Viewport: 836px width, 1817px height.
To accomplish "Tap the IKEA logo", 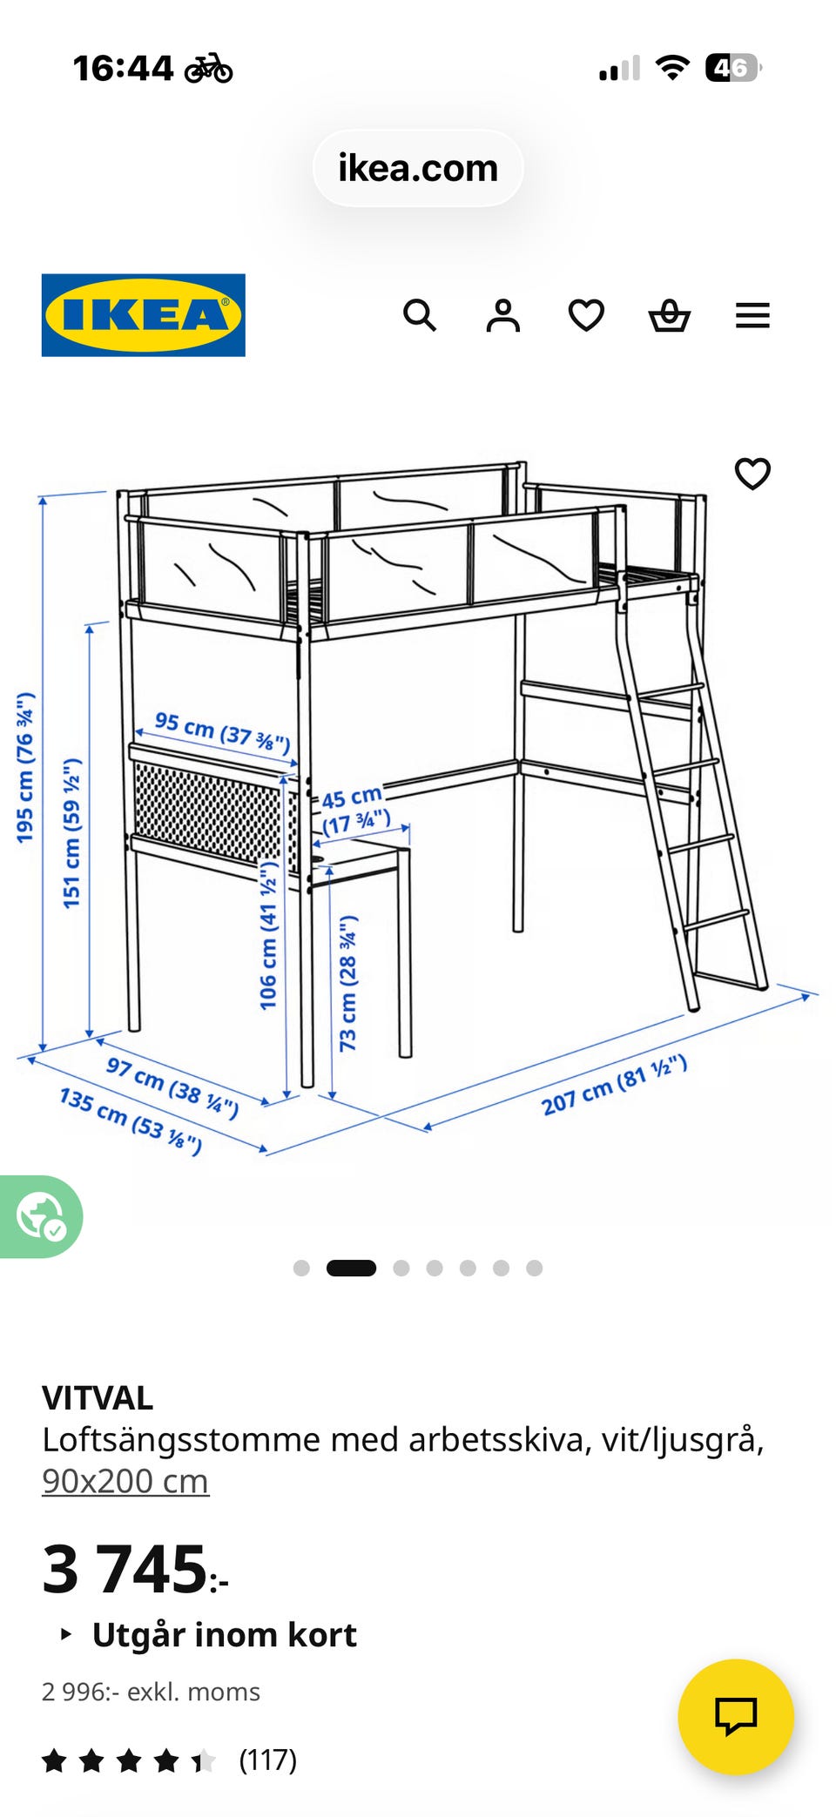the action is [x=144, y=315].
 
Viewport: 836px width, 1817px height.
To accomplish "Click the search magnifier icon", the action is [x=420, y=315].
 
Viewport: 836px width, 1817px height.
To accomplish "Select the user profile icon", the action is [x=503, y=315].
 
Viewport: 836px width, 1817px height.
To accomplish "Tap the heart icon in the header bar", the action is [x=586, y=315].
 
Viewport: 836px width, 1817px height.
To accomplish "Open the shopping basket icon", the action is [x=670, y=315].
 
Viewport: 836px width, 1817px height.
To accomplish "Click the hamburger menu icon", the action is [x=753, y=315].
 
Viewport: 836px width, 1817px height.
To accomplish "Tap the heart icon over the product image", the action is [x=753, y=474].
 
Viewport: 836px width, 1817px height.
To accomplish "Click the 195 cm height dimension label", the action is [x=25, y=767].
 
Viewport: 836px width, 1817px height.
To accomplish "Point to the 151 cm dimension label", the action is [x=72, y=833].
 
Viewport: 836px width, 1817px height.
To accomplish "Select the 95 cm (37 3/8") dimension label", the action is [x=222, y=732].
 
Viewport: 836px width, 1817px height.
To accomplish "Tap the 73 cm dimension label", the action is [x=348, y=983].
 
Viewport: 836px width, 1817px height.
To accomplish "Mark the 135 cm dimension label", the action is [x=131, y=1120].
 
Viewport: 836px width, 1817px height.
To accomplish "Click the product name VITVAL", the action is [x=98, y=1397].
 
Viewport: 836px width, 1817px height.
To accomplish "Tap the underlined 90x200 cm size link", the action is [x=125, y=1480].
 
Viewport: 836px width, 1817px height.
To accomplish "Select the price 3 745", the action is [x=135, y=1569].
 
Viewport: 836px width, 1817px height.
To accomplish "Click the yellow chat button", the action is [x=736, y=1717].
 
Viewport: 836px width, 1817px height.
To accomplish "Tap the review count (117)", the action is [x=268, y=1760].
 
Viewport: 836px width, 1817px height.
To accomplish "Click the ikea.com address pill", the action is [x=418, y=168].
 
